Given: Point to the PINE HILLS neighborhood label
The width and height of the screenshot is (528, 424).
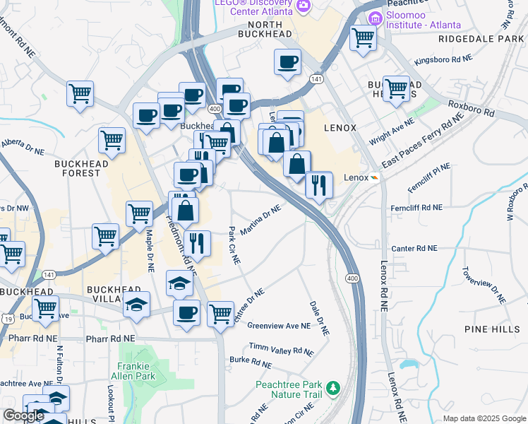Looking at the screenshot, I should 491,329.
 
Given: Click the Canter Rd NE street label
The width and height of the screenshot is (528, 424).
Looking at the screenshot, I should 414,249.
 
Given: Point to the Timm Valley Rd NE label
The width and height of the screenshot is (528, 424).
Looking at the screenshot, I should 281,349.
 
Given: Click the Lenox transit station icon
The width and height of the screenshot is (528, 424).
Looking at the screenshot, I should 375,177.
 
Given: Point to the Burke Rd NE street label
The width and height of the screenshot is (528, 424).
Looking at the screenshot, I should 251,364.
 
